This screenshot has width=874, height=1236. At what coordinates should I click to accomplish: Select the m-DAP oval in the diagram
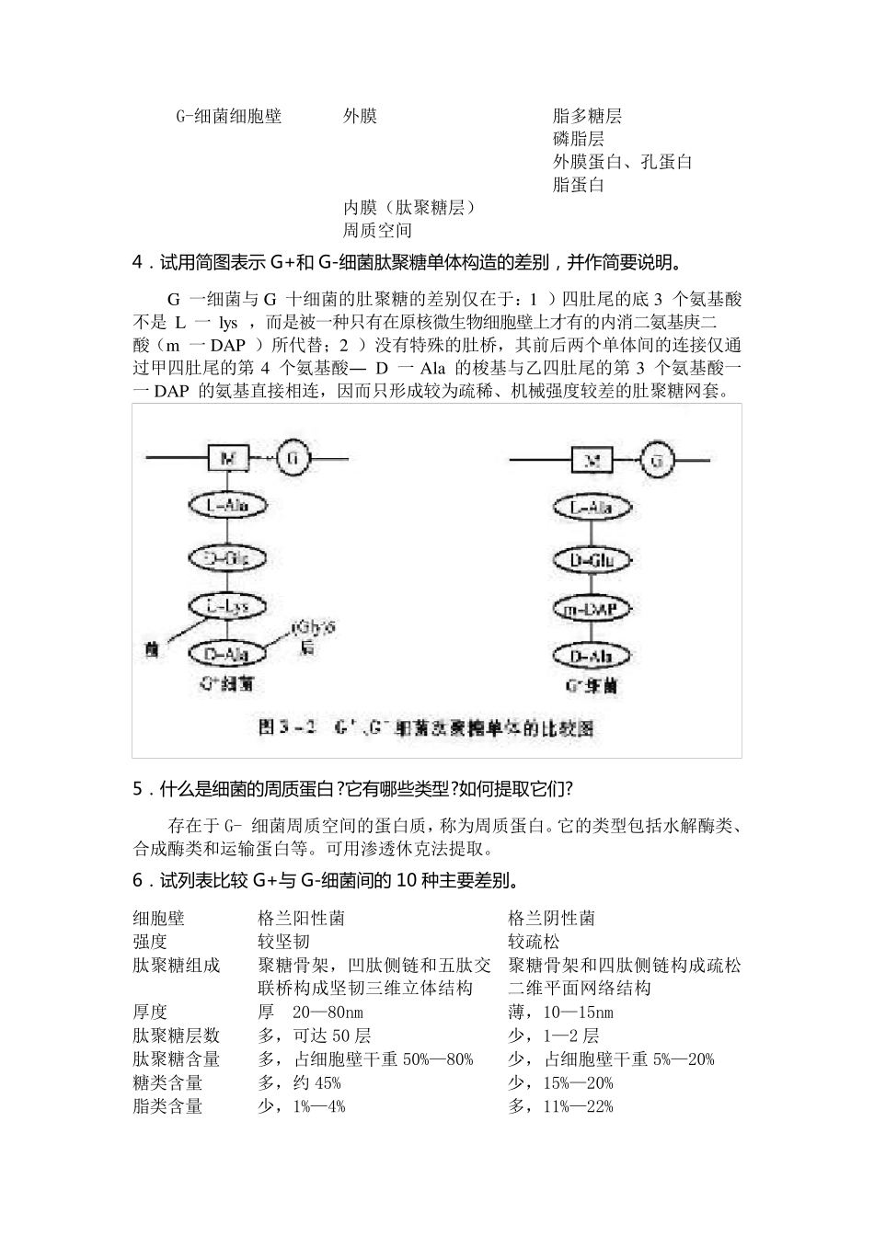pos(592,609)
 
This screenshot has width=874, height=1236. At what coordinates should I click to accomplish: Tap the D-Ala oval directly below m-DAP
pos(592,657)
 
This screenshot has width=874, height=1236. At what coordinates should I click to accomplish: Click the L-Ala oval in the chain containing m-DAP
pos(592,509)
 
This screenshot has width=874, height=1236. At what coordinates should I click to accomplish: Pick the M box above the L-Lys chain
pos(229,457)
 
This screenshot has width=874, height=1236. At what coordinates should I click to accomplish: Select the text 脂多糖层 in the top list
pos(587,116)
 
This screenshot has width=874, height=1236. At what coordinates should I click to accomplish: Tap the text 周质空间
pos(377,231)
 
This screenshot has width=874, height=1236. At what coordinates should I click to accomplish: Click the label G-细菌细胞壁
pos(228,116)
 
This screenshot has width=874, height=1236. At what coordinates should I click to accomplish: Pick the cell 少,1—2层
pos(553,1036)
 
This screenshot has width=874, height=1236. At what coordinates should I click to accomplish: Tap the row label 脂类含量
pos(167,1106)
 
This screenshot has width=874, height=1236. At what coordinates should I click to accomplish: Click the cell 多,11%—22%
pos(560,1106)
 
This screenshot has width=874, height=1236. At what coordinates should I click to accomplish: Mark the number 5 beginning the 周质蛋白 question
pos(138,788)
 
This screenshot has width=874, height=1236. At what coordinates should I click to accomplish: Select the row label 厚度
pos(150,1012)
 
